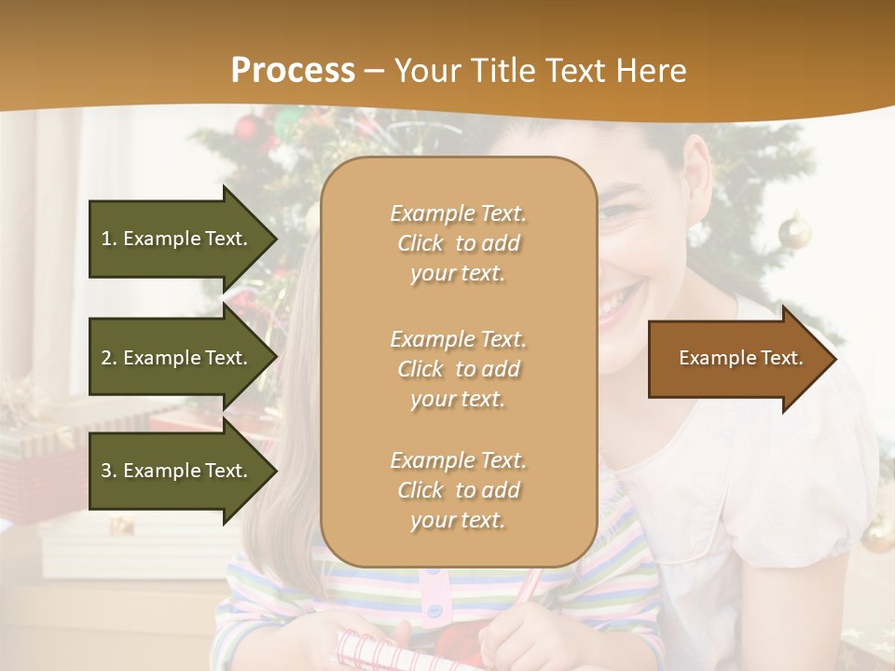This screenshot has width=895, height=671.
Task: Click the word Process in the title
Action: pyautogui.click(x=293, y=71)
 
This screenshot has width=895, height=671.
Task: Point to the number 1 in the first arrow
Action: pyautogui.click(x=106, y=239)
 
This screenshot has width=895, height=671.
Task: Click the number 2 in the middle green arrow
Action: pyautogui.click(x=106, y=358)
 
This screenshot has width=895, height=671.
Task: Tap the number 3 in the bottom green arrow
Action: pyautogui.click(x=106, y=471)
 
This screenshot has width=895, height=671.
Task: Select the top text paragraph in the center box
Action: pyautogui.click(x=458, y=243)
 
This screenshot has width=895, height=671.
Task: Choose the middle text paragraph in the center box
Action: pyautogui.click(x=458, y=369)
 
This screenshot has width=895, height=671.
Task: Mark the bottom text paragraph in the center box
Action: pyautogui.click(x=458, y=490)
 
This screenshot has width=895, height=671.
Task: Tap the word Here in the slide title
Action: pyautogui.click(x=653, y=71)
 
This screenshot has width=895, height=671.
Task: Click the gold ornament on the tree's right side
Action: pyautogui.click(x=794, y=231)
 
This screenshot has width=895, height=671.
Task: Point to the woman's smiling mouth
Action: pyautogui.click(x=618, y=304)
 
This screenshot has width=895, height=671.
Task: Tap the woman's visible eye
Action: pyautogui.click(x=616, y=212)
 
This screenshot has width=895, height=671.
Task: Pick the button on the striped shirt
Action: pyautogui.click(x=434, y=611)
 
